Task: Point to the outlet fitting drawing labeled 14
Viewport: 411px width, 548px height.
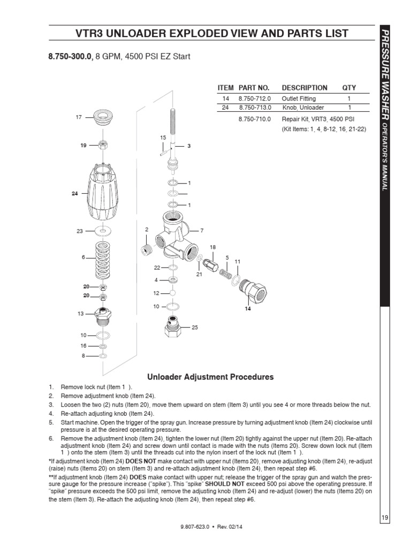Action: point(252,291)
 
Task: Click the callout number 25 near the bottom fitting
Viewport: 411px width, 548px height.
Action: point(194,327)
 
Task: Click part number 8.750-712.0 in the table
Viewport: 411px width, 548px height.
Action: point(254,98)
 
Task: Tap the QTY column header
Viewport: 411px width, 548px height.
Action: point(349,88)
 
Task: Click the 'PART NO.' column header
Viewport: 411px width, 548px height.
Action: point(254,88)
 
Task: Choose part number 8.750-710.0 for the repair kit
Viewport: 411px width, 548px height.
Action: point(254,119)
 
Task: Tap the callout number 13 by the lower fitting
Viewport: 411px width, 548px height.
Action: point(80,314)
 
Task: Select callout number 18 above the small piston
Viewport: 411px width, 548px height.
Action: point(212,247)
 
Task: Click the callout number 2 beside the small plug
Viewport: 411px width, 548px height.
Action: point(146,229)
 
